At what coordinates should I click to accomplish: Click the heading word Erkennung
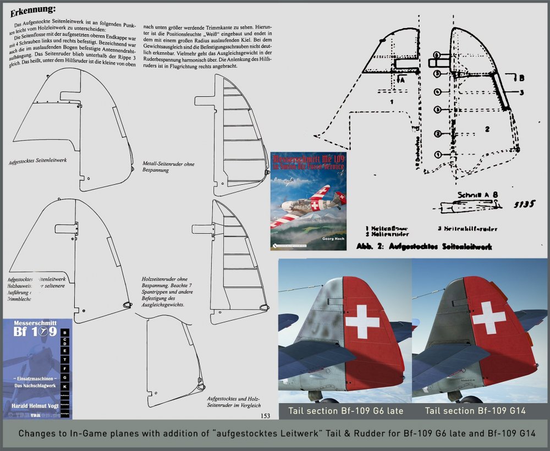33,10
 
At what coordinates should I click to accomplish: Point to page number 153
264,416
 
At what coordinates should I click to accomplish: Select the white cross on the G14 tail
489,317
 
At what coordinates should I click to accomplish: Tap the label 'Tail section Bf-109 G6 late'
345,410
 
